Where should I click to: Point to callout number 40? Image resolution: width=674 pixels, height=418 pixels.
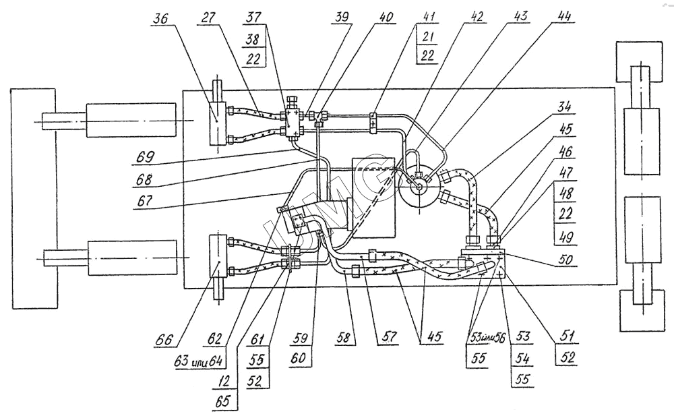(x=385, y=17)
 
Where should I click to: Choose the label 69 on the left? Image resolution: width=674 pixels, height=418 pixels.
(x=146, y=156)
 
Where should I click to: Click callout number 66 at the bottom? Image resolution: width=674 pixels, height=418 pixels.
(x=164, y=340)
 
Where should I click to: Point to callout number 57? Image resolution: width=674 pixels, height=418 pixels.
(x=388, y=336)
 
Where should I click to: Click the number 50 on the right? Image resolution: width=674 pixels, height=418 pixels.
(x=565, y=260)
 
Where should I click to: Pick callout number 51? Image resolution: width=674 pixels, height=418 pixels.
(x=568, y=336)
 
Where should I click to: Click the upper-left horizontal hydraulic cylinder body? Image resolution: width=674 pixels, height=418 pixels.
(x=131, y=121)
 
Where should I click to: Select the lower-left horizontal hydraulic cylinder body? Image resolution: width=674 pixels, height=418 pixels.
(x=132, y=258)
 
